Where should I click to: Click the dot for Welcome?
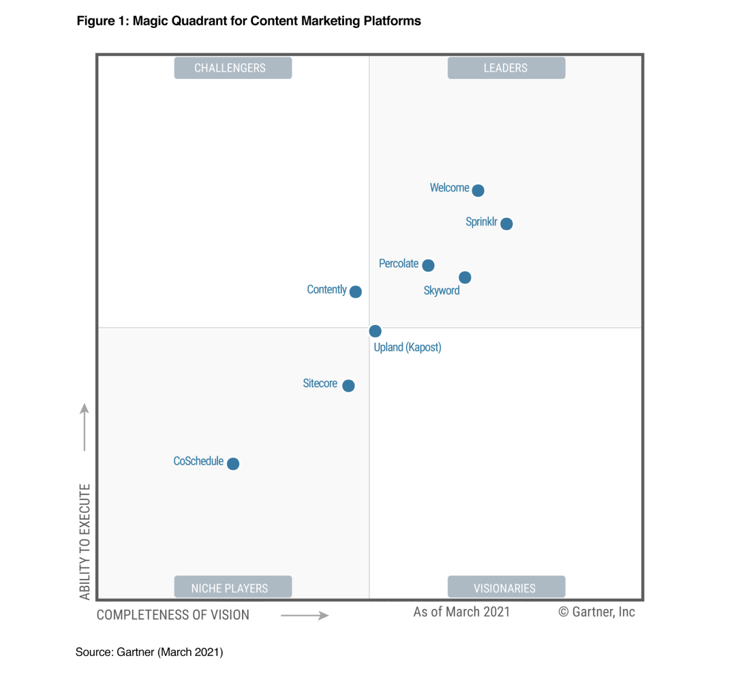(478, 191)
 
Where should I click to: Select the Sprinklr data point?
(506, 223)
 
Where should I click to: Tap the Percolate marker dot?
(428, 266)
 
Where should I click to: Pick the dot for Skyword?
(465, 277)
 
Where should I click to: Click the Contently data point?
(356, 292)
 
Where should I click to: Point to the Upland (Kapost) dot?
(375, 331)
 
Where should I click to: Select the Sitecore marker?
(348, 386)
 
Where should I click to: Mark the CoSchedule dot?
(233, 464)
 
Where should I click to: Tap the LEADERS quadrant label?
(506, 68)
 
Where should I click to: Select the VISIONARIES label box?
(506, 587)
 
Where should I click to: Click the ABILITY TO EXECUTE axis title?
(85, 541)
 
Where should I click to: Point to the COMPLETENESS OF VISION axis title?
(173, 615)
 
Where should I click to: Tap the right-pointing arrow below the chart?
(305, 616)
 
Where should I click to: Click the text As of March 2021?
(461, 612)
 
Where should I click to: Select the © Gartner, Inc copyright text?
(596, 612)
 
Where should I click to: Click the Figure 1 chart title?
(249, 21)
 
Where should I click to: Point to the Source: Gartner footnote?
(149, 653)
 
